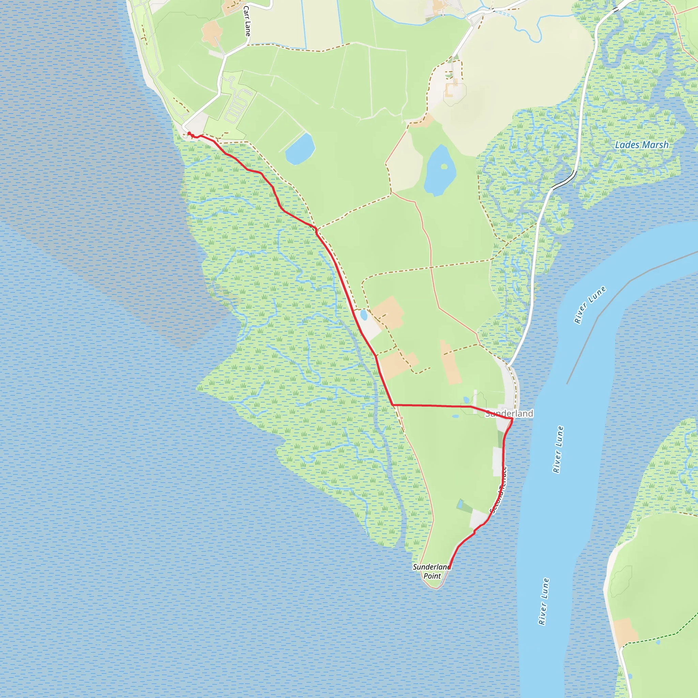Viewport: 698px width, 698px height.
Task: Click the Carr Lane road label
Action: [247, 21]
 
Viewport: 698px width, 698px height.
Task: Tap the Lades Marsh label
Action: [642, 145]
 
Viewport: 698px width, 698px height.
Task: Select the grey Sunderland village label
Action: [509, 413]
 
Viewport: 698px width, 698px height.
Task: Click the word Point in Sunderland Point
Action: [432, 576]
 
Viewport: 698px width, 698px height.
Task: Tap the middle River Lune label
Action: [558, 450]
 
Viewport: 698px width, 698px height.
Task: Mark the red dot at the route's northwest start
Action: [189, 134]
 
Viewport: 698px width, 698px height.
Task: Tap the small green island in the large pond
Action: [444, 167]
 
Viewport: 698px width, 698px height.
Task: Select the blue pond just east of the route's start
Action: [300, 149]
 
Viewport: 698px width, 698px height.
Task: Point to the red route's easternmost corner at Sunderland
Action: [512, 419]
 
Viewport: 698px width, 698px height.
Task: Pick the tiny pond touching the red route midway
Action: [363, 315]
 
